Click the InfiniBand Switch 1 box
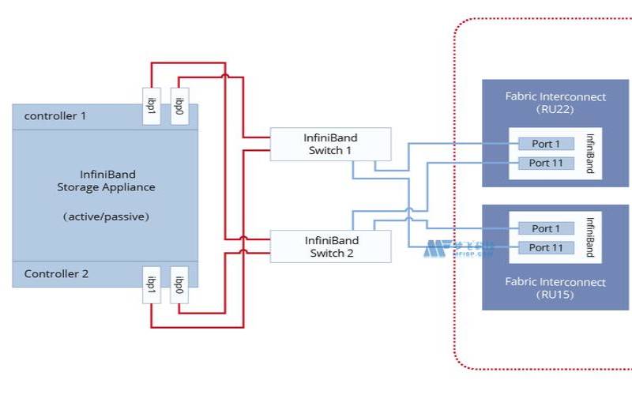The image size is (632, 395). [330, 144]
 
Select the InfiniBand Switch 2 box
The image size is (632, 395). [330, 246]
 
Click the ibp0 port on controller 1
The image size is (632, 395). [180, 106]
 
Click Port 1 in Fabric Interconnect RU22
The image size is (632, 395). [545, 144]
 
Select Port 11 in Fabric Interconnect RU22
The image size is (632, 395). [545, 163]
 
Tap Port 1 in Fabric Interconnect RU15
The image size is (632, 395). [545, 228]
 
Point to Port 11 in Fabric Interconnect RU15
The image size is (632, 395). [545, 247]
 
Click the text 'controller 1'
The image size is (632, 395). [55, 116]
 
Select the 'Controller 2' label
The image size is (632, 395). [56, 274]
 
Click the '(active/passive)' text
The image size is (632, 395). [106, 216]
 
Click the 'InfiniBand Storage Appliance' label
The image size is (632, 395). [106, 181]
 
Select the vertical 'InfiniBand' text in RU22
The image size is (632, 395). [589, 153]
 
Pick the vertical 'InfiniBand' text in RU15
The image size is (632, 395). [589, 237]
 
